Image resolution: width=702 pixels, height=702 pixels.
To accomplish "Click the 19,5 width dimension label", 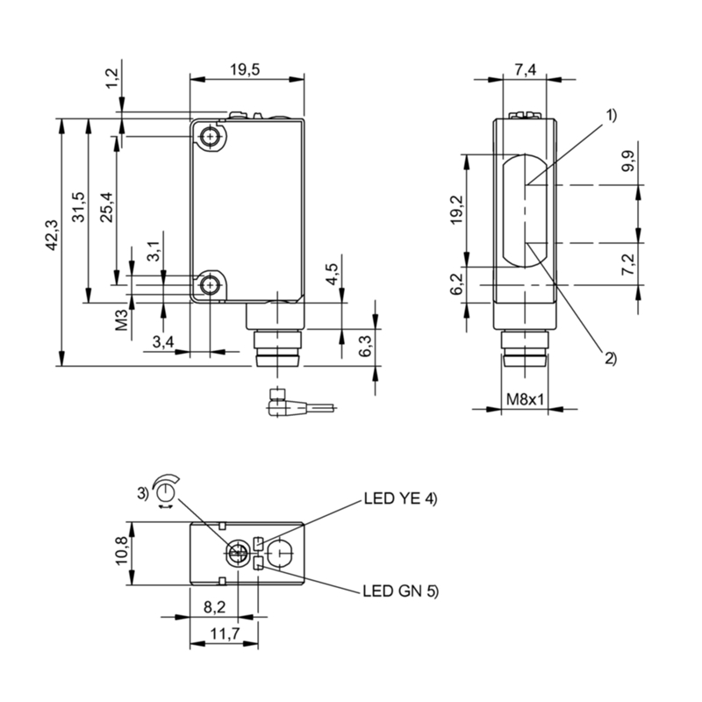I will [247, 69].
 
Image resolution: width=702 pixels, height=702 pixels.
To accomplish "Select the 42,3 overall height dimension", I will [52, 236].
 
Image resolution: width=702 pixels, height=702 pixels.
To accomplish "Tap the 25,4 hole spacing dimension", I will [106, 207].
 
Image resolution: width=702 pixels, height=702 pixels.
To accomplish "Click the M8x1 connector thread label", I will [526, 400].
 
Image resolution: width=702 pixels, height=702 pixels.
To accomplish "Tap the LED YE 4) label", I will [399, 499].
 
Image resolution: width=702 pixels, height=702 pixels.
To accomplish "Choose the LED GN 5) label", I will [399, 591].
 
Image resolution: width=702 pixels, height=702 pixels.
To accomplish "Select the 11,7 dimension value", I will [222, 634].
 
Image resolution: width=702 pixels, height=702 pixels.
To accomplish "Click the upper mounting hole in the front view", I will [210, 137].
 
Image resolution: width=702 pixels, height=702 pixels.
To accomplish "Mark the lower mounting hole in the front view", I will [210, 285].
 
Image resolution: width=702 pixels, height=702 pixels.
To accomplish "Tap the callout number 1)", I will [609, 115].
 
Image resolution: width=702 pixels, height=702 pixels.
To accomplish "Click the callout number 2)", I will [609, 357].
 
